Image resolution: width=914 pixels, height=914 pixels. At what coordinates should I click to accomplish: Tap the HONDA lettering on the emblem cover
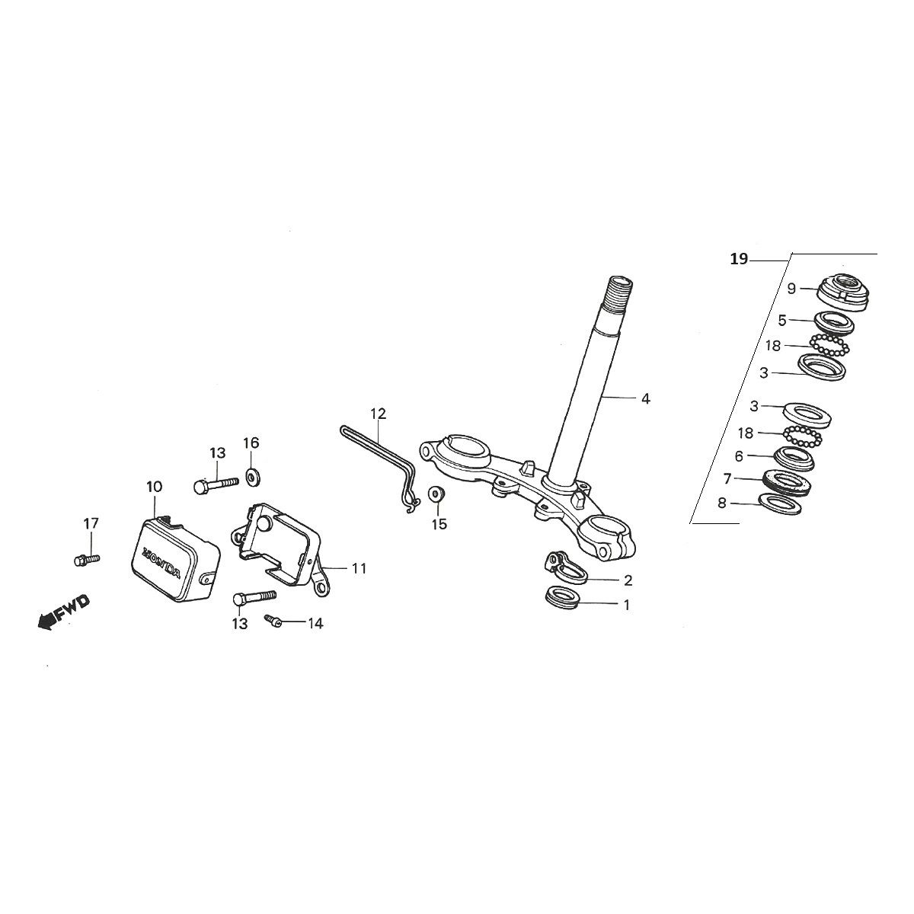pos(161,561)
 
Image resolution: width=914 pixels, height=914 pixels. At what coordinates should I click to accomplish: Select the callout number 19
pos(738,260)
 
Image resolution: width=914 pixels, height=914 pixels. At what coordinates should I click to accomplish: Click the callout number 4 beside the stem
pos(645,398)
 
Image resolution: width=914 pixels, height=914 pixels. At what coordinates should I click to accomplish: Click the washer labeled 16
pos(252,479)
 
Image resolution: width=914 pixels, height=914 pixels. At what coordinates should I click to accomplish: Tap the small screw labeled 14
pos(273,622)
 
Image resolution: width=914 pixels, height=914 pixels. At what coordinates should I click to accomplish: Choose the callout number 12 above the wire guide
pos(379,414)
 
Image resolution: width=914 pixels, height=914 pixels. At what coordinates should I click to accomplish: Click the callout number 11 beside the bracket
pos(359,568)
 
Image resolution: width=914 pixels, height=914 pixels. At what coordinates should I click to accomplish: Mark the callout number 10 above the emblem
pos(154,486)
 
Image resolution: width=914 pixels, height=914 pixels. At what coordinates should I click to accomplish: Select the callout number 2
pos(628,581)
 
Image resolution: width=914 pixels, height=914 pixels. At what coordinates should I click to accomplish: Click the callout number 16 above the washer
pos(251,443)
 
